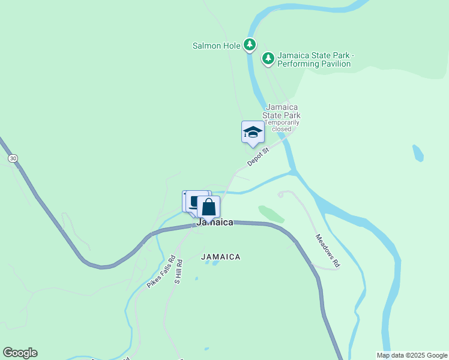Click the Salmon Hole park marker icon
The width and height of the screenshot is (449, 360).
[250, 44]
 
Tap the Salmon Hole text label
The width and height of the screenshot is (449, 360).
[216, 45]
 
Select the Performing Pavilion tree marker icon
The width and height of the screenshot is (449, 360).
[268, 58]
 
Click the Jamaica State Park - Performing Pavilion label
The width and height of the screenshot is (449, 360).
[316, 59]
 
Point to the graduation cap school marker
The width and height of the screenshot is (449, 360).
[253, 132]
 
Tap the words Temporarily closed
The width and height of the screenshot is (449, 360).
[282, 125]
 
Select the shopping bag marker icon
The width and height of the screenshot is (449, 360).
[208, 207]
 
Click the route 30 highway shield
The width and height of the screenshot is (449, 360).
[13, 158]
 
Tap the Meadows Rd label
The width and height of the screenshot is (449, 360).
[328, 250]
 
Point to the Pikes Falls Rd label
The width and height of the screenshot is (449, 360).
[161, 272]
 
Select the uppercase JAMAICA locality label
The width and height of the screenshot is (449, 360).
[221, 257]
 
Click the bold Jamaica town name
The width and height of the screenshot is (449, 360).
[215, 222]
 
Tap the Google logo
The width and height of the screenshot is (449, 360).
[20, 353]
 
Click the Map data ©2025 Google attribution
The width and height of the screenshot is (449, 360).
[412, 355]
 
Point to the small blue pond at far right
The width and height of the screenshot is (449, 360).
[418, 153]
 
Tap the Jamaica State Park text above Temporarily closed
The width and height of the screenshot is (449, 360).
[282, 111]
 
